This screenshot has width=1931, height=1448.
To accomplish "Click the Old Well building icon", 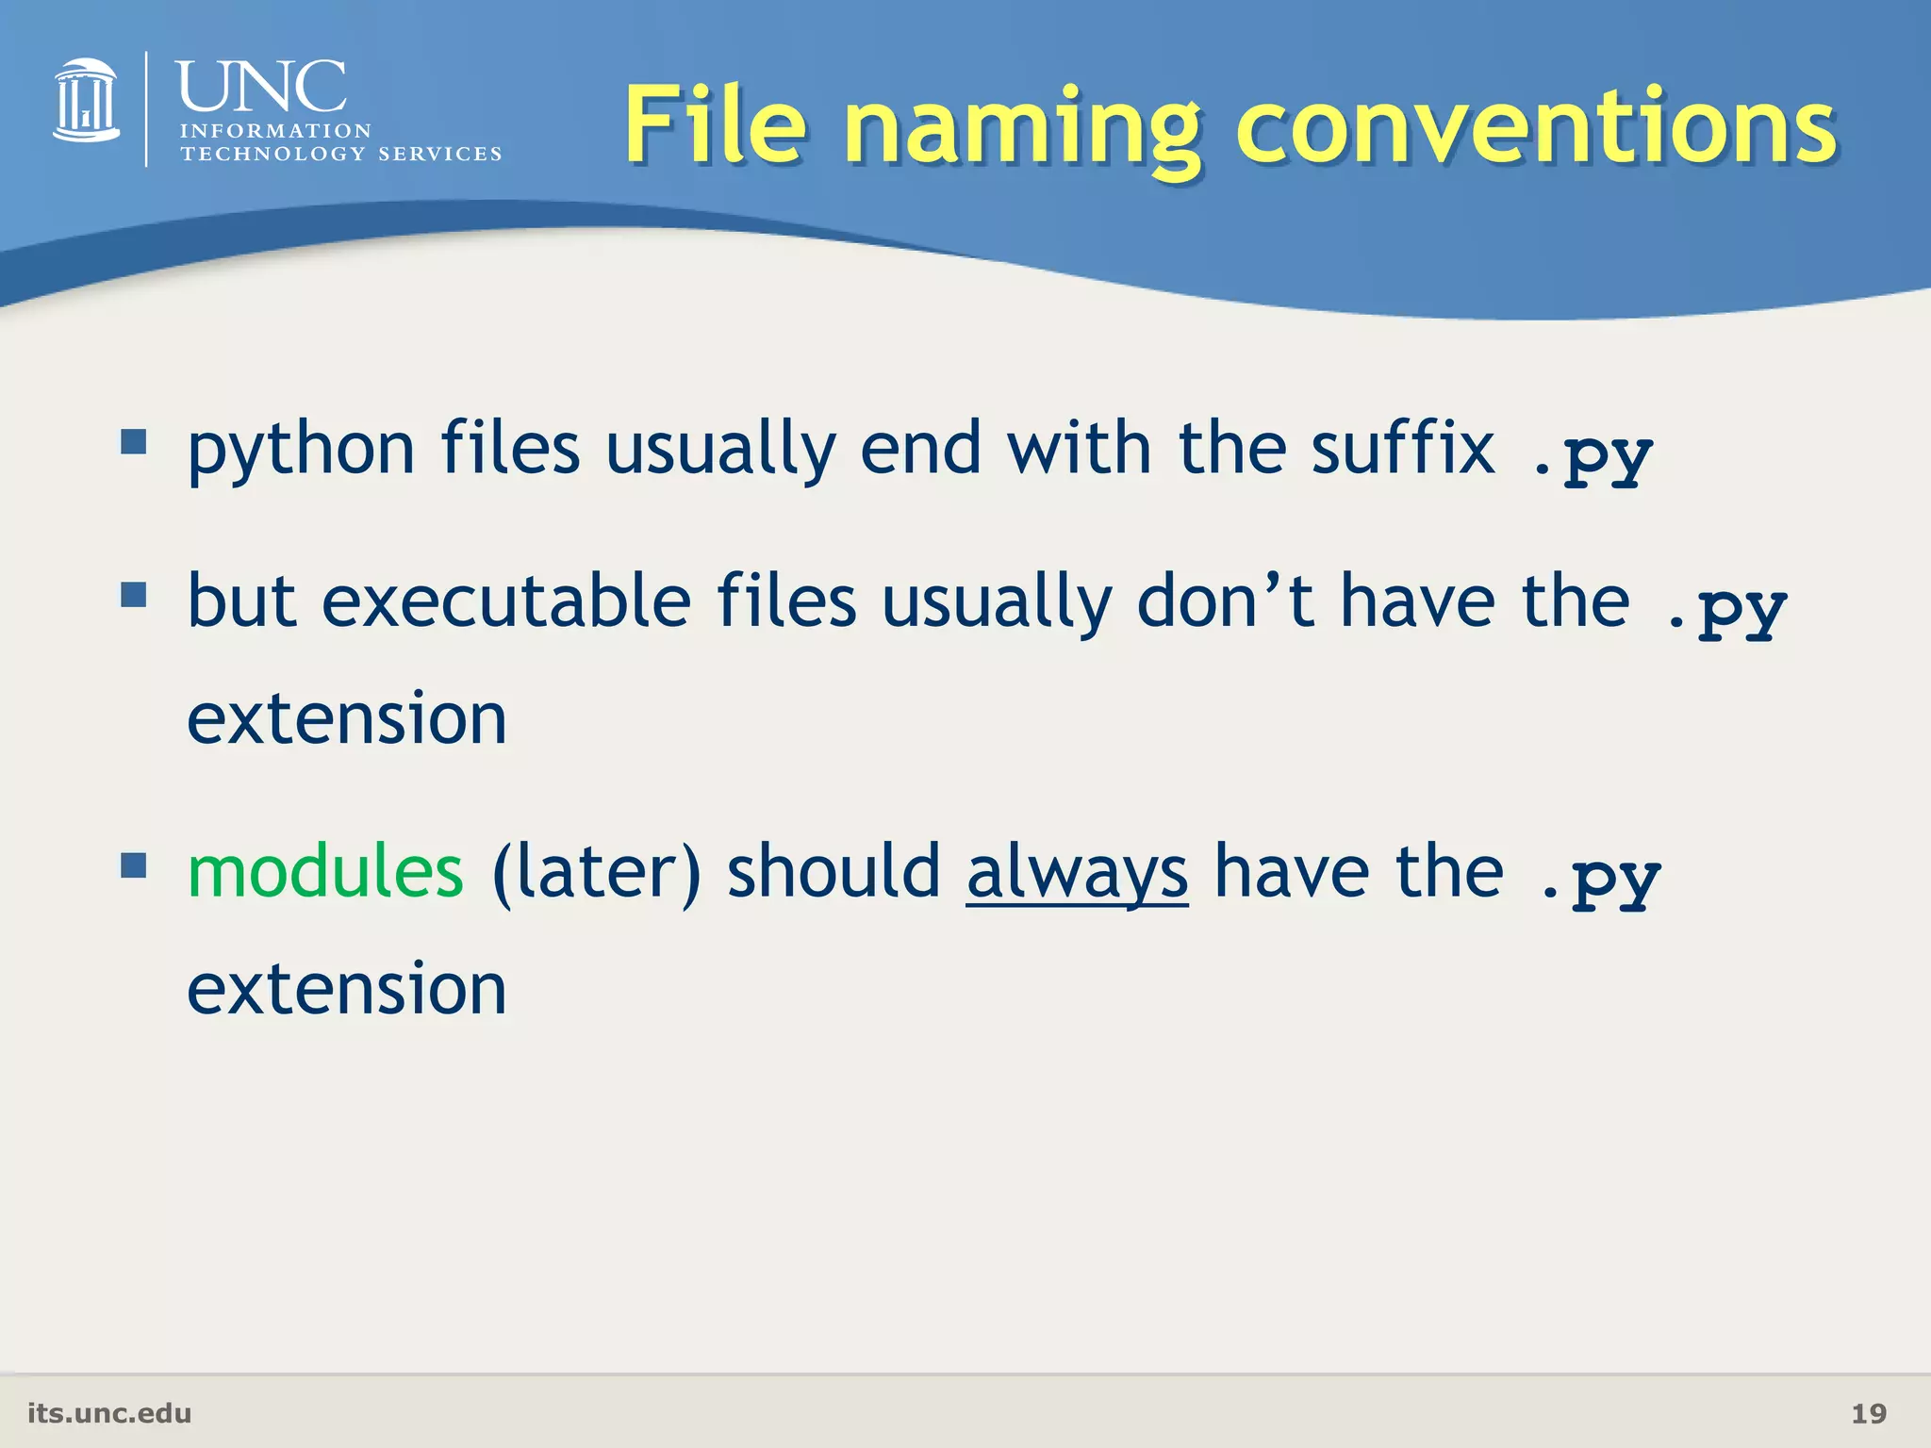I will [x=86, y=101].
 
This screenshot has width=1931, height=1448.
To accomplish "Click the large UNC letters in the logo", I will [x=261, y=87].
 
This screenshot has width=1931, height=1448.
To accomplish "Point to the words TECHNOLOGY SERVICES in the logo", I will [x=340, y=154].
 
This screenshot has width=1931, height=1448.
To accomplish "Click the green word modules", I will [x=325, y=871].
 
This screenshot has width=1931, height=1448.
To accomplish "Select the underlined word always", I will [x=1077, y=871].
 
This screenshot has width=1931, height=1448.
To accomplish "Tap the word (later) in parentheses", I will [x=596, y=873].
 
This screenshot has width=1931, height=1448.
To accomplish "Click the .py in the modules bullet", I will [x=1601, y=880].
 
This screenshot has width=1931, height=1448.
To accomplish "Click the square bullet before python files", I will [x=134, y=441].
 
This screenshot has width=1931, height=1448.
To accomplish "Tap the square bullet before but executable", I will [x=134, y=595].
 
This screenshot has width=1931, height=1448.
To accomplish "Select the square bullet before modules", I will [x=134, y=864].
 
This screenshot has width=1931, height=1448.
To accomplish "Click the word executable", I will [x=506, y=601].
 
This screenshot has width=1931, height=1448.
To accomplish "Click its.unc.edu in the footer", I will [x=109, y=1413].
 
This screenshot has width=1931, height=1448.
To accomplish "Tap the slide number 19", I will [x=1869, y=1413].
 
